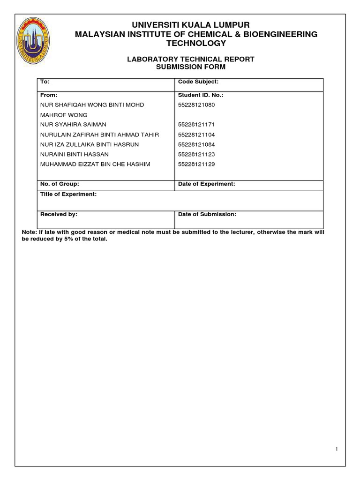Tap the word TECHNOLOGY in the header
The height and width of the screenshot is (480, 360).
pos(196,44)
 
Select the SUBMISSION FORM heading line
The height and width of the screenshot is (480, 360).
pos(191,67)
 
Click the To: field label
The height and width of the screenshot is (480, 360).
pos(45,82)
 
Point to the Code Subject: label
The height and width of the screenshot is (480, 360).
pos(198,82)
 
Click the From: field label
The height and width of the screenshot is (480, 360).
pos(49,95)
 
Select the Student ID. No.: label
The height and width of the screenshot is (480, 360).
pos(201,95)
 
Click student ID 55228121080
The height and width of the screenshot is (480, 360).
pos(196,105)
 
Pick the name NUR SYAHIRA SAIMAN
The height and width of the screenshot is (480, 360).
pos(74,125)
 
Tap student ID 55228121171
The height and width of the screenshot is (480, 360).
pos(196,125)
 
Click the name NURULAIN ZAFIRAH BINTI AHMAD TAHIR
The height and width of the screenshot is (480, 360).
pos(100,135)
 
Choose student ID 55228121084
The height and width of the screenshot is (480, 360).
pos(196,144)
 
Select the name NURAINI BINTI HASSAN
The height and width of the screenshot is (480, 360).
pos(75,154)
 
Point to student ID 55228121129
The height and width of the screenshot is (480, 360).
pos(196,164)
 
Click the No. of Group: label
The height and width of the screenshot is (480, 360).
pos(60,184)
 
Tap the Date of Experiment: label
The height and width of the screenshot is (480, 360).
pos(206,184)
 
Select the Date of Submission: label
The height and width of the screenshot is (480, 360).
pos(207,214)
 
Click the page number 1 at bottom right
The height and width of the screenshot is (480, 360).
pos(336,449)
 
